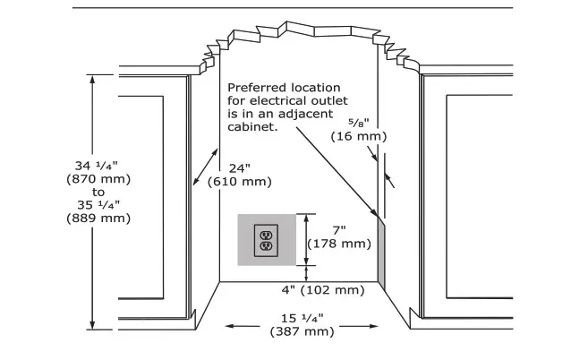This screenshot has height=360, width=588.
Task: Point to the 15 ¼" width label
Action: [302, 318]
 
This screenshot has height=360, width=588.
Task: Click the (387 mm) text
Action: [302, 331]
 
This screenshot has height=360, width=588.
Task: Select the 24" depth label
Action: [240, 167]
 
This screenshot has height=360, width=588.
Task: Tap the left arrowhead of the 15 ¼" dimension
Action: [227, 326]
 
